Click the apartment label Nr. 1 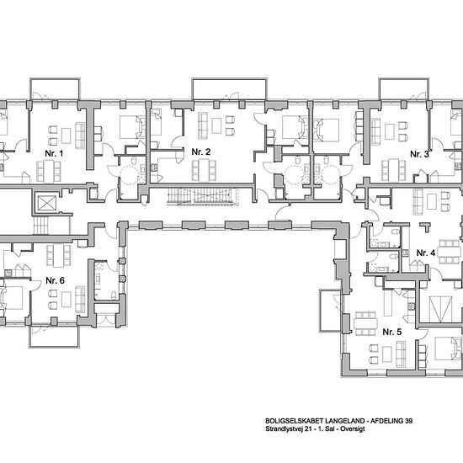point(54,153)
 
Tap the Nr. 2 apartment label point(201,152)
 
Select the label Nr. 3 point(419,154)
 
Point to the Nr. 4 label point(426,253)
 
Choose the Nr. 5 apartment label point(392,332)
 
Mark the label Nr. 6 point(56,280)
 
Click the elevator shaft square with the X point(46,204)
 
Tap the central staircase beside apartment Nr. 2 point(202,196)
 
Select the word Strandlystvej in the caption point(281,429)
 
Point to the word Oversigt point(352,429)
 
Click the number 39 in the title point(409,421)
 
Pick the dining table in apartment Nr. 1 point(49,171)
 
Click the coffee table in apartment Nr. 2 point(216,125)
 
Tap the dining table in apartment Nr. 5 point(366,323)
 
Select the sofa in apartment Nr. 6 point(80,300)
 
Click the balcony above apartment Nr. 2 point(230,89)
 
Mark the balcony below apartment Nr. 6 point(55,337)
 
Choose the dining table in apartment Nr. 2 point(204,170)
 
